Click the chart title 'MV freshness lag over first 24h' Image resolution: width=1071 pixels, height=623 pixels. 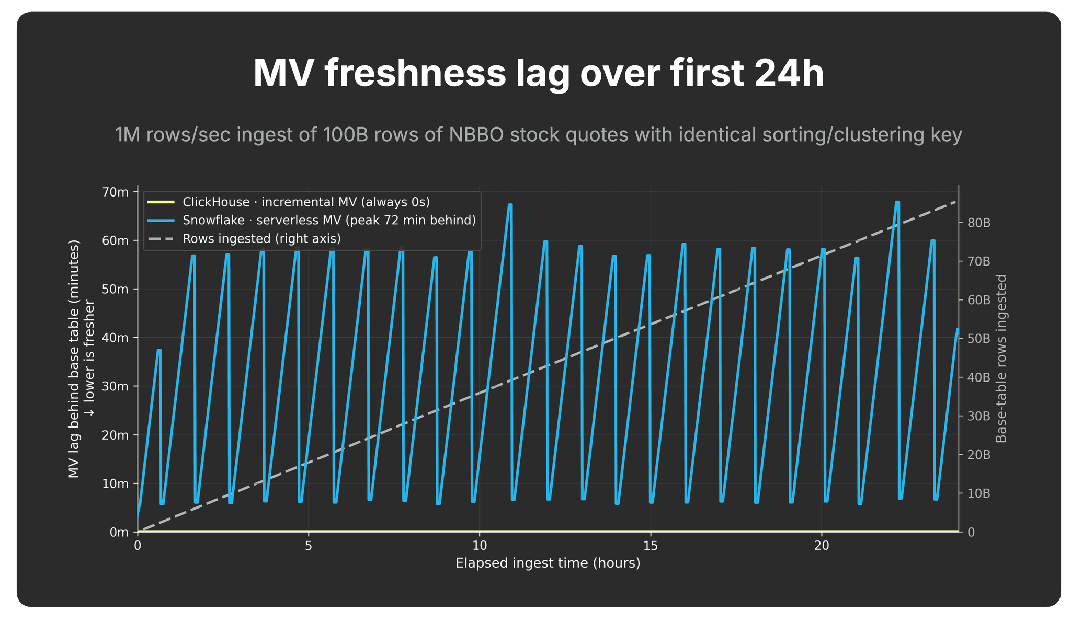click(x=539, y=74)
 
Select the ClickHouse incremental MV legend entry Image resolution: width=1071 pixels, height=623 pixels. click(x=288, y=202)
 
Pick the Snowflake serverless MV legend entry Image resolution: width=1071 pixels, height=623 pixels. click(x=311, y=220)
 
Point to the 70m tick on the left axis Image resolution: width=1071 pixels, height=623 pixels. click(x=115, y=192)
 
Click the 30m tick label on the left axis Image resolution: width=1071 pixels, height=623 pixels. click(x=115, y=386)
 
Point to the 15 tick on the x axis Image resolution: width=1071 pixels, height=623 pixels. click(x=651, y=546)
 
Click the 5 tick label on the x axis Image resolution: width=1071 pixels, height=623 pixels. click(x=309, y=546)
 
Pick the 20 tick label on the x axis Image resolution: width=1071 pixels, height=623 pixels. click(x=822, y=546)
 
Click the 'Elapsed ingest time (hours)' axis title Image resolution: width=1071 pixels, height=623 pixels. click(x=548, y=563)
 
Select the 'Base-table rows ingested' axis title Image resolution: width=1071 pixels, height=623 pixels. click(x=1001, y=359)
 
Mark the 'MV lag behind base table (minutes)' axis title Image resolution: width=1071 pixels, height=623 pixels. click(x=74, y=359)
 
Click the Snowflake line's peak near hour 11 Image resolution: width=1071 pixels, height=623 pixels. click(x=510, y=205)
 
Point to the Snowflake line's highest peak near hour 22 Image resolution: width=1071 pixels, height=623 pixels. click(x=897, y=202)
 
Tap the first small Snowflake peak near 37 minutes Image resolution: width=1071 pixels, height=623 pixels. click(x=159, y=350)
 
